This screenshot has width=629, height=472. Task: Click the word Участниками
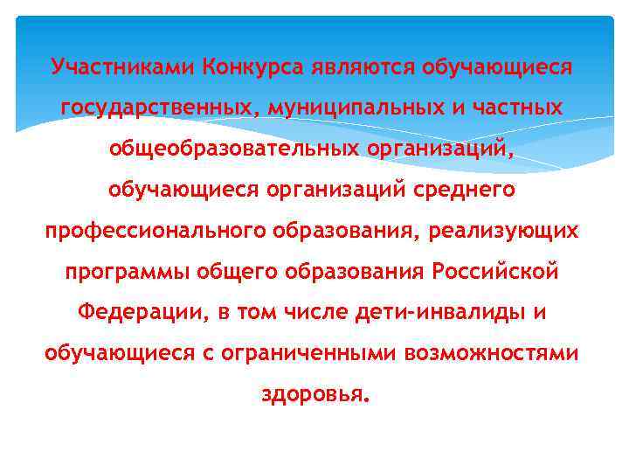pyautogui.click(x=123, y=66)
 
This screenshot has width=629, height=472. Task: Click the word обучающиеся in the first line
pyautogui.click(x=496, y=66)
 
